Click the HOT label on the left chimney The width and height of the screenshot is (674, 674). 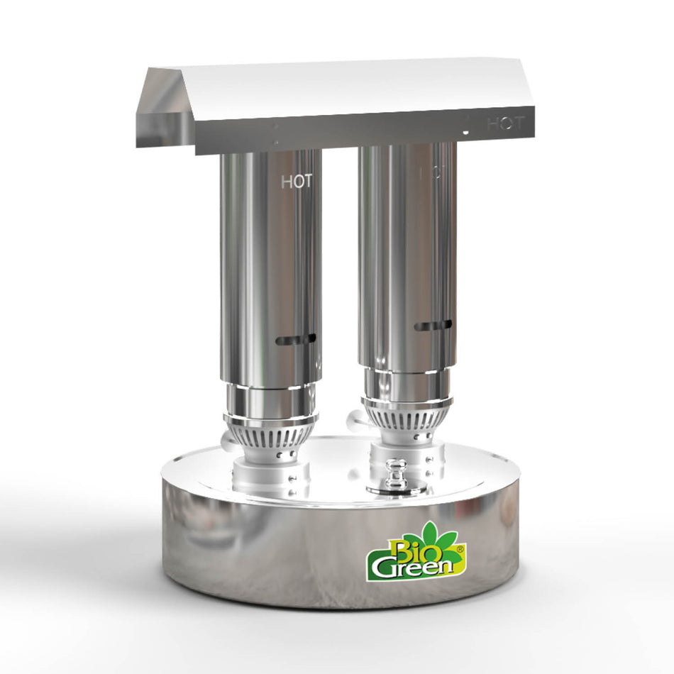coord(297,182)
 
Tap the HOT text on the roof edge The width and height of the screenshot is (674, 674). coord(505,123)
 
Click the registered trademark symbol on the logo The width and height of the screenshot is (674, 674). coord(460,548)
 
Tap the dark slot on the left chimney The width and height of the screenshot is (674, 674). coord(296,340)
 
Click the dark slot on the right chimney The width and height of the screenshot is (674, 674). coord(433,326)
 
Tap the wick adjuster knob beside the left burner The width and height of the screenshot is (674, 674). coord(228,443)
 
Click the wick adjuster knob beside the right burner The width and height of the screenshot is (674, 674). coord(353,420)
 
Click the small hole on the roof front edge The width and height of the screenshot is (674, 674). coord(465,132)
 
